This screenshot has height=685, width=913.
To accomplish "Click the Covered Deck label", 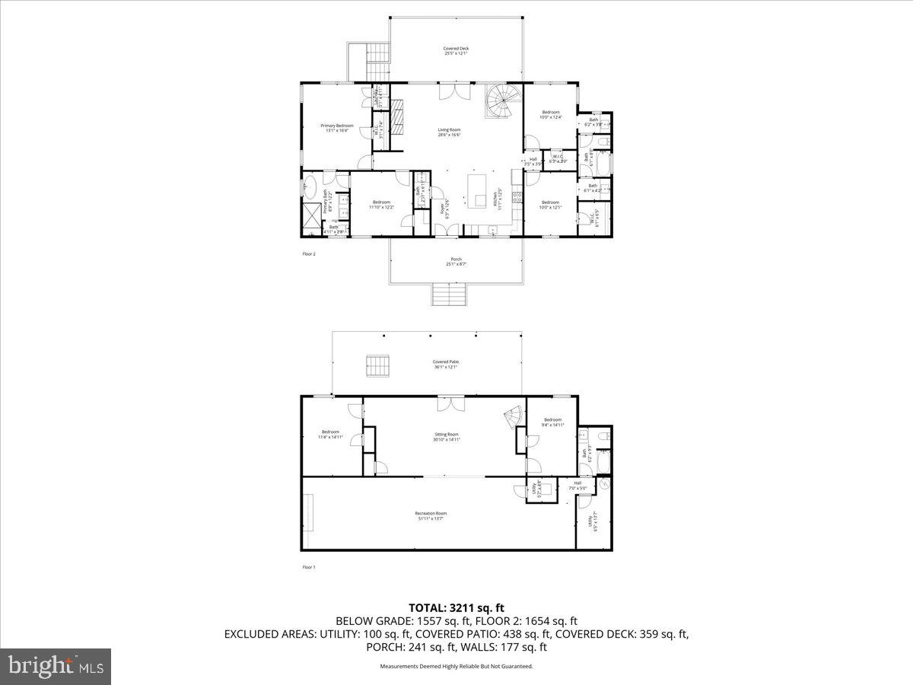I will point(455,51).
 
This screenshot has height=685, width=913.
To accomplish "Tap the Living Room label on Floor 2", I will point(449,132).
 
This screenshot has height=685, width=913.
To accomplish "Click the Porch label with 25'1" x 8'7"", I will point(455,263).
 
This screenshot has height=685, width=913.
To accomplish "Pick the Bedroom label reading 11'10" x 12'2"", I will point(381,204).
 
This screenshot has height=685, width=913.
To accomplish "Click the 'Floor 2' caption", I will point(309,254).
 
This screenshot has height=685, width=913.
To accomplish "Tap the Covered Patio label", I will point(446,364).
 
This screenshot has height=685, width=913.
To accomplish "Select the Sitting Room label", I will point(446,436).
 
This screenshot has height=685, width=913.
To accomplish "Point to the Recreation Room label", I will point(431,516).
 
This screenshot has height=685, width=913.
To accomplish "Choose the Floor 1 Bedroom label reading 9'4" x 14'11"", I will point(552,422).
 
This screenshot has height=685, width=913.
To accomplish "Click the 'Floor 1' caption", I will point(309,567).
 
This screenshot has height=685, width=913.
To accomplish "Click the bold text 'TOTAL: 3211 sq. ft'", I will point(456,607).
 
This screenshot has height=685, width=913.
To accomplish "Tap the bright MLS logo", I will point(56,666).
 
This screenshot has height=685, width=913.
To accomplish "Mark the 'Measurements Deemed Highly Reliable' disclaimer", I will point(456,666).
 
